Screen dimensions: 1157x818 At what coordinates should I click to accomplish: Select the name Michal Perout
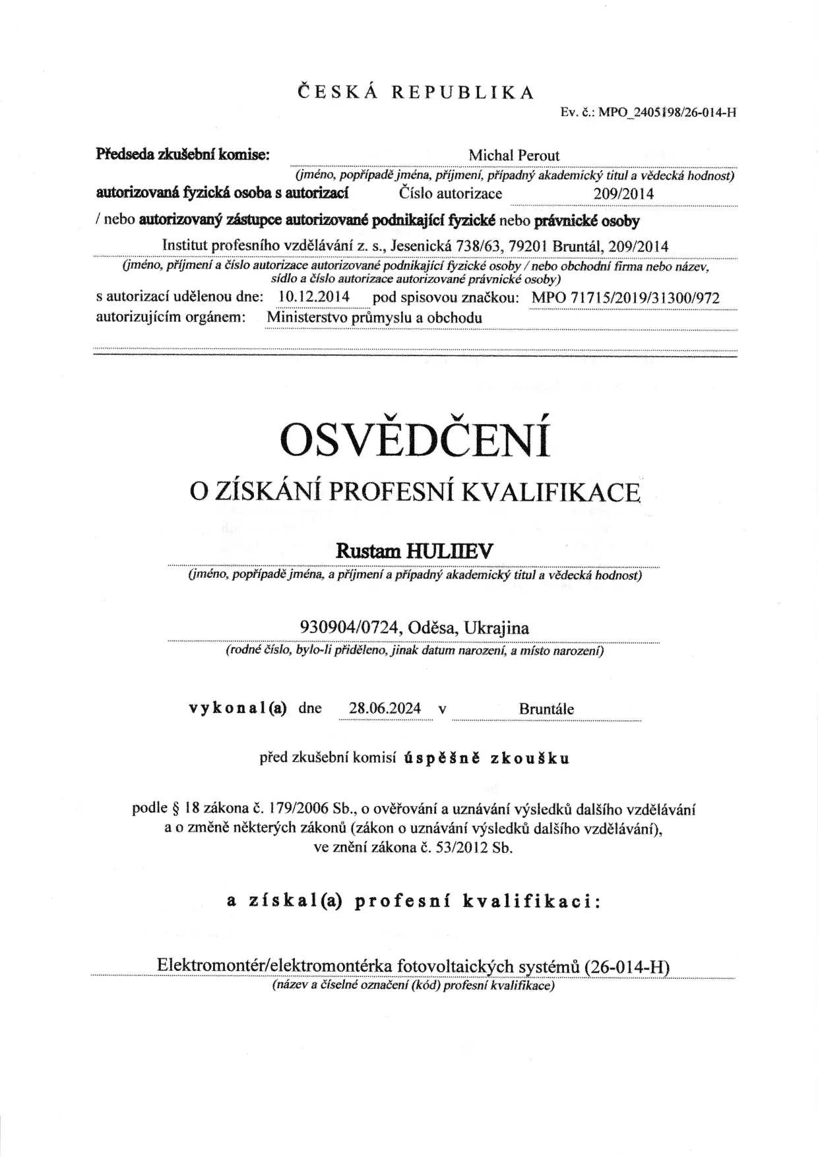pyautogui.click(x=514, y=156)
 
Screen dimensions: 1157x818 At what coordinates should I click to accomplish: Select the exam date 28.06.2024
pyautogui.click(x=385, y=708)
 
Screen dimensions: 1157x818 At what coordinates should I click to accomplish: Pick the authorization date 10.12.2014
pyautogui.click(x=314, y=297)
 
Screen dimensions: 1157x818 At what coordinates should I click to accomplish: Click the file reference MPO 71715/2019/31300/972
pyautogui.click(x=625, y=297)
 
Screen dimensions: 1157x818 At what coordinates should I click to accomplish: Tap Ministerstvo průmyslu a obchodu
pyautogui.click(x=374, y=317)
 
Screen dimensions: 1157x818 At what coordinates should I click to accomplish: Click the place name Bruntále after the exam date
pyautogui.click(x=546, y=709)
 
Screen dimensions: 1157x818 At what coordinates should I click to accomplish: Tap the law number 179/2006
pyautogui.click(x=300, y=809)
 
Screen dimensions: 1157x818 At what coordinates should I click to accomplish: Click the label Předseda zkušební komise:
pyautogui.click(x=183, y=155)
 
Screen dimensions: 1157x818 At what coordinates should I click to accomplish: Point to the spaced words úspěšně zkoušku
pyautogui.click(x=487, y=758)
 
